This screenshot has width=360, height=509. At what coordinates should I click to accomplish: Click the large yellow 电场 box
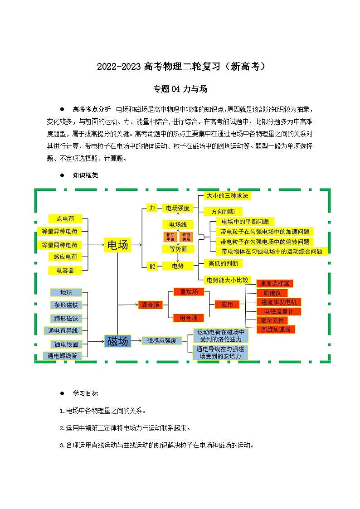tap(117, 245)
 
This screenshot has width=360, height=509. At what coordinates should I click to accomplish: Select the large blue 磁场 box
tap(117, 341)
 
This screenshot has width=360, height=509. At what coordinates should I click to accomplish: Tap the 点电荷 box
tap(65, 218)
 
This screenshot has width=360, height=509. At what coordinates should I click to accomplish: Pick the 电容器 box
tap(65, 270)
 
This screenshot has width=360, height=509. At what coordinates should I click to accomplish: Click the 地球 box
tap(66, 292)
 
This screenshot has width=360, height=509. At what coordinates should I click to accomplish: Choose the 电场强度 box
tap(178, 208)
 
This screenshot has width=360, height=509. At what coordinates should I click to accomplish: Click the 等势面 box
tap(178, 249)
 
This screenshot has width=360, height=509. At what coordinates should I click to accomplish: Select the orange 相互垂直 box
tap(170, 237)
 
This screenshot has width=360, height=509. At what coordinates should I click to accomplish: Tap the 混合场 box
tap(151, 305)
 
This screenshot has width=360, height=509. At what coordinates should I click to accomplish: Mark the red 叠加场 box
tap(189, 292)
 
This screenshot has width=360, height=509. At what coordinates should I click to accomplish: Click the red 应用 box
tap(227, 305)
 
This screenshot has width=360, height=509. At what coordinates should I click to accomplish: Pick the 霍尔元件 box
tap(272, 320)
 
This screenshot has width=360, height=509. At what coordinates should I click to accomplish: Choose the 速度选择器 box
tap(274, 283)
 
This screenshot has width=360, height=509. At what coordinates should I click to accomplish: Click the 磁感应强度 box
tap(161, 341)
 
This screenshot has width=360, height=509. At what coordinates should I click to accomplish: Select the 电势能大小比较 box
tap(227, 280)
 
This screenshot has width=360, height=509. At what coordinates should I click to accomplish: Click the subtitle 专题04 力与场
tap(180, 89)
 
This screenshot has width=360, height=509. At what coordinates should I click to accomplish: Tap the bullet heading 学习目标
tap(85, 393)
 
